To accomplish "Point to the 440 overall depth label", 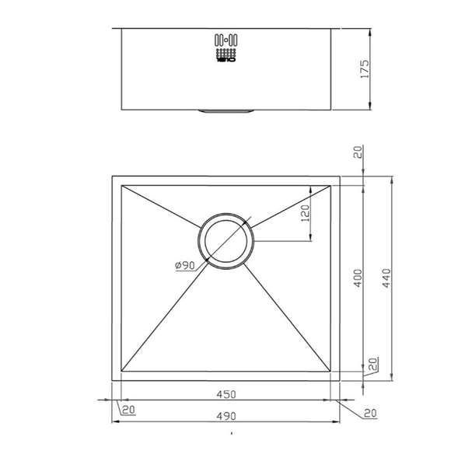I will coord(386,278).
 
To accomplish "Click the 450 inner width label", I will coord(226,393).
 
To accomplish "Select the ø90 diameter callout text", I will coord(184,266).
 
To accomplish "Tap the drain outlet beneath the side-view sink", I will coord(226,112).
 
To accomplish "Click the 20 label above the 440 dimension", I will coord(358,153).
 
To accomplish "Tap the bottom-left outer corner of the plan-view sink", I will coord(114,380).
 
